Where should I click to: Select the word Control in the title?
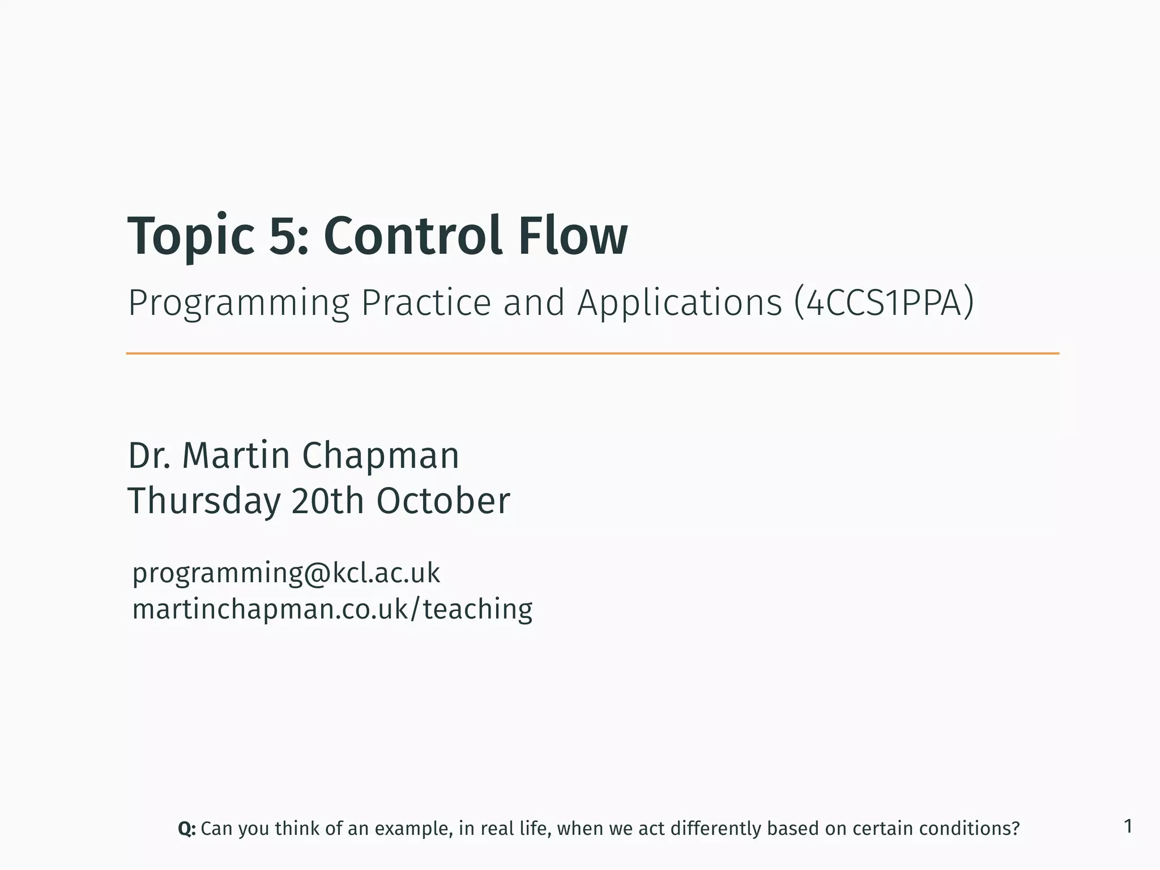[412, 236]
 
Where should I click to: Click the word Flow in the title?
[572, 236]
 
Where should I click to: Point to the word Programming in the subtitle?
[238, 303]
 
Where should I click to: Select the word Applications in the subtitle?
[679, 303]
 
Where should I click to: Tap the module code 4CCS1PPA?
[884, 303]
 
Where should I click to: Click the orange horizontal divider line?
[592, 353]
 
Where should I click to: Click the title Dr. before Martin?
[149, 455]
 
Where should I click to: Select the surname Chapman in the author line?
[380, 455]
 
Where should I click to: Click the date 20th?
[327, 501]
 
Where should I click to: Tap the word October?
[443, 501]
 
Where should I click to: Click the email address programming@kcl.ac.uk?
[285, 573]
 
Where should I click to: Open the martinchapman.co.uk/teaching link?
[332, 609]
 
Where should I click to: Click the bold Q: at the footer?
[186, 829]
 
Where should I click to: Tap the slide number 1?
[1128, 826]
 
